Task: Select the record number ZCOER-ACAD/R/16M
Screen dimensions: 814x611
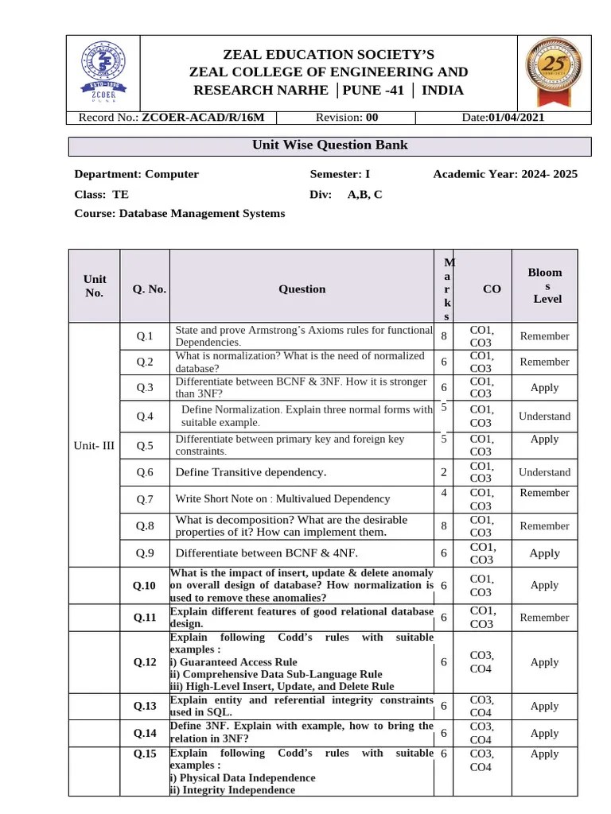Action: coord(208,118)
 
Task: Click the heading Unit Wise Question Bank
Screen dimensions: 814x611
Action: coord(330,145)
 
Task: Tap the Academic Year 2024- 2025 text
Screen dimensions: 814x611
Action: coord(506,174)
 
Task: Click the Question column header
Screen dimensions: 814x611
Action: coord(302,289)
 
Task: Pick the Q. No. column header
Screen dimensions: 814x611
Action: coord(150,289)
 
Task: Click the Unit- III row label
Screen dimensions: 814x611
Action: coord(94,445)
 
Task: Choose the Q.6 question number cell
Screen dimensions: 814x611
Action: coord(145,472)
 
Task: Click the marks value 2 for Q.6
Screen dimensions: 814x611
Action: coord(443,472)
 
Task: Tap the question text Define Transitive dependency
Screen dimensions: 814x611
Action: coord(251,472)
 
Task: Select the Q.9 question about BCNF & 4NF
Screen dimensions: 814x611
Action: coord(267,552)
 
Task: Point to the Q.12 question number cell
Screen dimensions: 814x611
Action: coord(144,662)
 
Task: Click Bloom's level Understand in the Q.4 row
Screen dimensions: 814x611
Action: coord(544,416)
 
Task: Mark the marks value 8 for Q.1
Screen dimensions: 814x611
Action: coord(443,335)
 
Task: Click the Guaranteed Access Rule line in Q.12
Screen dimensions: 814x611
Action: coord(234,662)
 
